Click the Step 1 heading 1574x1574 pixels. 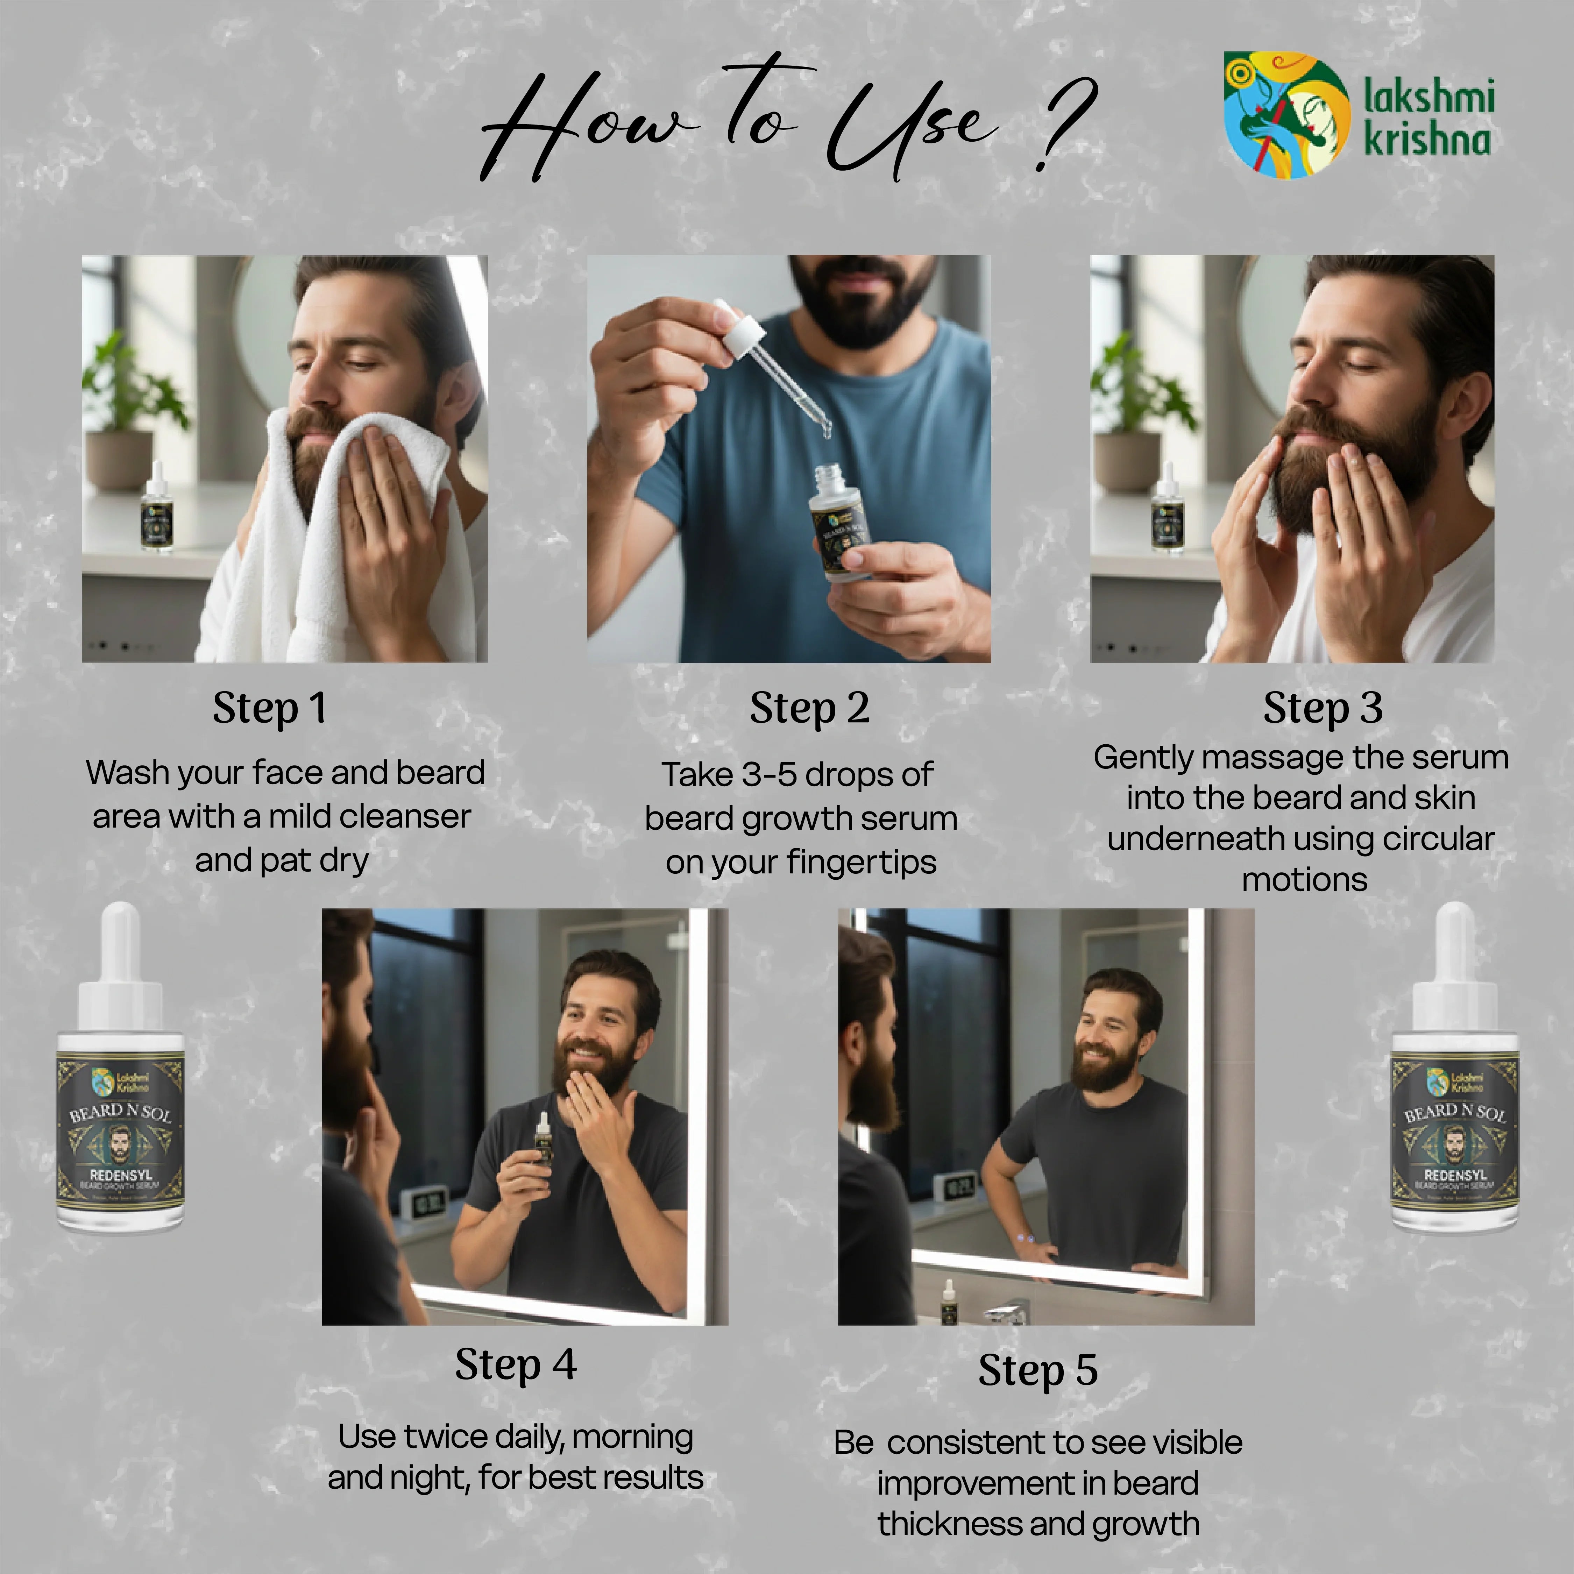pyautogui.click(x=270, y=707)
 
